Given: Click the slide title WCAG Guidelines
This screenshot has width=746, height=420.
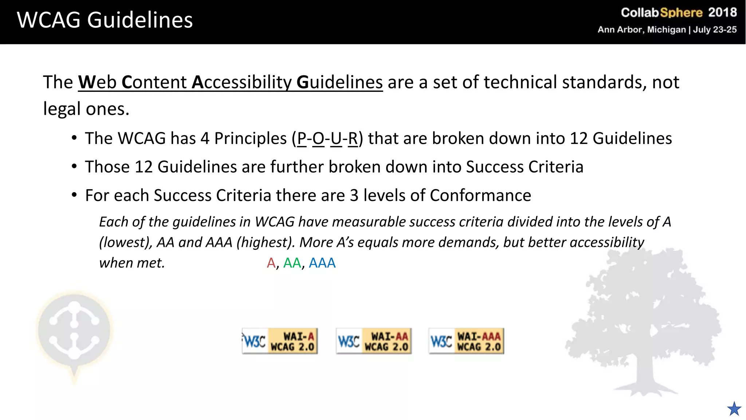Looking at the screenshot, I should [x=105, y=20].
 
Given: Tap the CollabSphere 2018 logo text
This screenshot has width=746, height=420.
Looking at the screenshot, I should [x=678, y=13].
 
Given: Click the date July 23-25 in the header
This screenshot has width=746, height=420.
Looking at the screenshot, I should [x=715, y=30].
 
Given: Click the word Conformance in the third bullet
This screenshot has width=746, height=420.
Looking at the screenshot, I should [x=480, y=196].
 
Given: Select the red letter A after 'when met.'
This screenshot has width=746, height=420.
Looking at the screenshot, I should [x=271, y=263].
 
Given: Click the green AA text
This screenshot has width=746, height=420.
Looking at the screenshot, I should [x=292, y=263].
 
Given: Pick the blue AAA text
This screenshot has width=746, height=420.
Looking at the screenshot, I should [x=322, y=263].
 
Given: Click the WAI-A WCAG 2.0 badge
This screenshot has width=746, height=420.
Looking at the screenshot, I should [x=280, y=341].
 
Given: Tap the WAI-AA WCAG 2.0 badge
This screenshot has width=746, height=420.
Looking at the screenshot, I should [x=374, y=341].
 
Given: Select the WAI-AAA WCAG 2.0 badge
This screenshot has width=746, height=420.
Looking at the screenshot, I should [x=466, y=341].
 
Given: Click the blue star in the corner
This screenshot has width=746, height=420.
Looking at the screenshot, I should [x=734, y=409].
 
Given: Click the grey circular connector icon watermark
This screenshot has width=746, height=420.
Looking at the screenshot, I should [x=74, y=330].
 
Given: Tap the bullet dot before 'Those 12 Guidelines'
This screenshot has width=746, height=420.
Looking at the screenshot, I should [x=74, y=167].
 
